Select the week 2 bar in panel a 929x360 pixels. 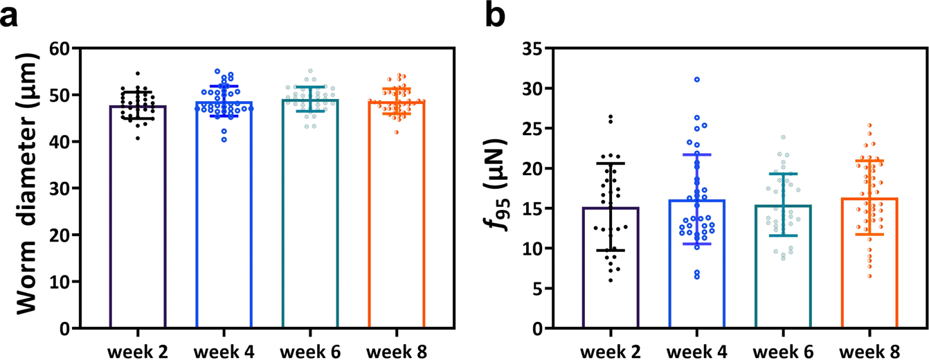pyautogui.click(x=138, y=222)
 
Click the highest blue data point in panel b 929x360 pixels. pyautogui.click(x=697, y=80)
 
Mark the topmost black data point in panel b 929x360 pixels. pyautogui.click(x=611, y=116)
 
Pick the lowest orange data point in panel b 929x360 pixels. pyautogui.click(x=869, y=276)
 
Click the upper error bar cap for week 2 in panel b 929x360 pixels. pyautogui.click(x=611, y=163)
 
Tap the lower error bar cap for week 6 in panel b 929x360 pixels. pyautogui.click(x=783, y=236)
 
